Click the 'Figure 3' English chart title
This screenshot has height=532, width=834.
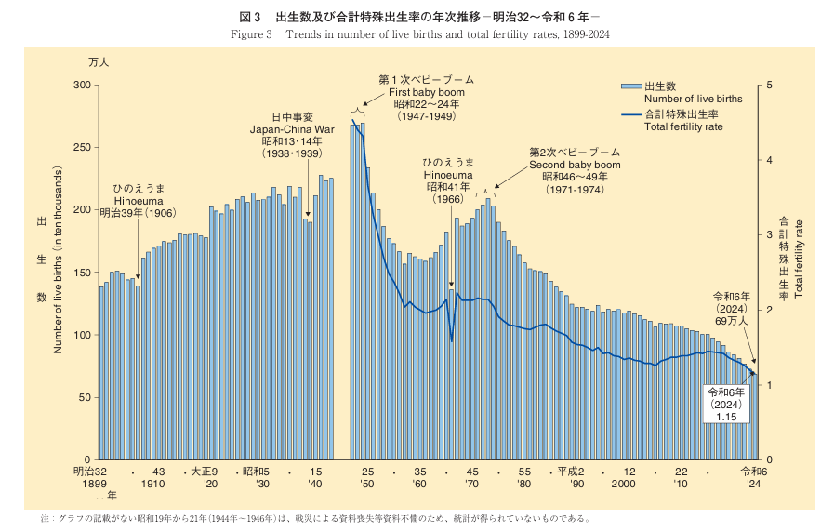[418, 35]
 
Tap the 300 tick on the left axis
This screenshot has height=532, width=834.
[83, 86]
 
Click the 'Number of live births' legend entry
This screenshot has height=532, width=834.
[693, 98]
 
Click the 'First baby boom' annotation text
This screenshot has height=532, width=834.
[427, 93]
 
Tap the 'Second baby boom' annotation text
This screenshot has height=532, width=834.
[574, 165]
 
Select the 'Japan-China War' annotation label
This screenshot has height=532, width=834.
[292, 129]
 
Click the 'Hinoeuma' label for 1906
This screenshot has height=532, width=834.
[138, 200]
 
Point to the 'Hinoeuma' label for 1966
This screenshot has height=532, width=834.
[448, 175]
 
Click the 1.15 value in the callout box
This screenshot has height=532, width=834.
[726, 418]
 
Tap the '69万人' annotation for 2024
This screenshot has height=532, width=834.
[730, 320]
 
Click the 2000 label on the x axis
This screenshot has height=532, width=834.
[623, 485]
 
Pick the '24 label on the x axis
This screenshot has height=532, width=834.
[753, 485]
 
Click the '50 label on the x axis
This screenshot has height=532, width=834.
[368, 485]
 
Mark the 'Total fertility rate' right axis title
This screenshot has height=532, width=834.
[799, 259]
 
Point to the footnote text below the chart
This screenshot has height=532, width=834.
[316, 518]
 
